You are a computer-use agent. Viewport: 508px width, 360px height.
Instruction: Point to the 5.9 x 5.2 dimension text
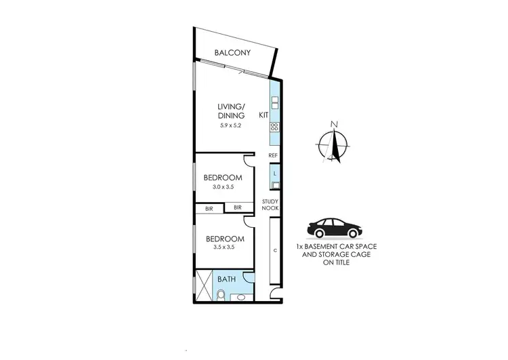click(230, 126)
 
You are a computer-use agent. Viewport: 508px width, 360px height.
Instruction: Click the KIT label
click(263, 117)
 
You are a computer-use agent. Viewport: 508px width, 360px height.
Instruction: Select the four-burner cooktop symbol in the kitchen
click(274, 127)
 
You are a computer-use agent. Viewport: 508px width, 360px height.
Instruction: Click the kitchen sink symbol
click(274, 103)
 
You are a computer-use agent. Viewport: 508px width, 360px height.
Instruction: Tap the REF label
click(274, 156)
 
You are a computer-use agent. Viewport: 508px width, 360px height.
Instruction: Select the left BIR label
click(209, 209)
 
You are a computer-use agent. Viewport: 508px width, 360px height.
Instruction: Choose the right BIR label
click(238, 208)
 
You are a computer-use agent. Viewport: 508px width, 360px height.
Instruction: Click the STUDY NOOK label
click(271, 205)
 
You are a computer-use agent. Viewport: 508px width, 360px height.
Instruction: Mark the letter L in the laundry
click(274, 174)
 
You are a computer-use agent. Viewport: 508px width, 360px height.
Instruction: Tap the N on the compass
click(333, 123)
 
